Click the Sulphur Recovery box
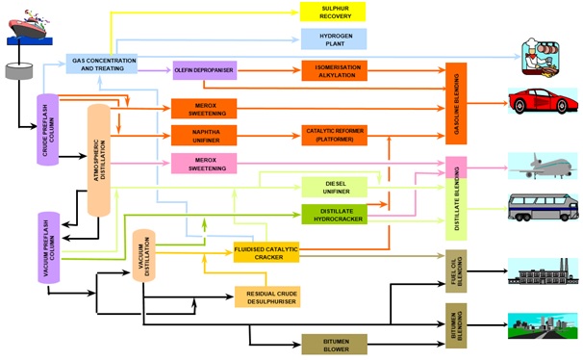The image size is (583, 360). (x=332, y=12)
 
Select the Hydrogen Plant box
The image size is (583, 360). (x=332, y=39)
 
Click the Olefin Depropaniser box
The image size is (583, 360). (x=204, y=70)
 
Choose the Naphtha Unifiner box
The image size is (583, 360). (x=203, y=135)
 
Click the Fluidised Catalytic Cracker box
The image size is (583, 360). (x=266, y=252)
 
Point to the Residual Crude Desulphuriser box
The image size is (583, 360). (x=267, y=296)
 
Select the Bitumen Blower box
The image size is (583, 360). (x=333, y=344)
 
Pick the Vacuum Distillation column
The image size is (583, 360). (x=143, y=259)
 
